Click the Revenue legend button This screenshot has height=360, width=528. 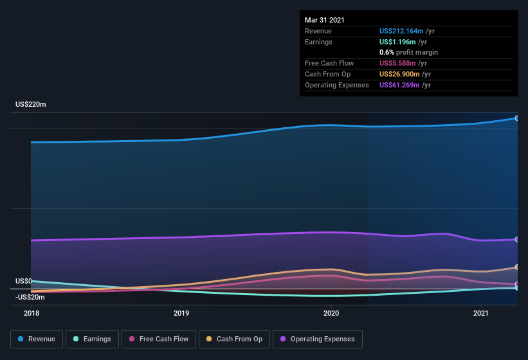tap(37, 339)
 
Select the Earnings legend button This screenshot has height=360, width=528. tap(92, 339)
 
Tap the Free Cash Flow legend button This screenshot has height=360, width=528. tap(159, 339)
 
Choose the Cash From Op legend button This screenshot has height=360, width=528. tap(234, 339)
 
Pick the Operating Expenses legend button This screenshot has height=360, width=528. tap(317, 339)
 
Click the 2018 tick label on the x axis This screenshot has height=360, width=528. tap(32, 313)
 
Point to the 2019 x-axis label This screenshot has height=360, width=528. tap(181, 313)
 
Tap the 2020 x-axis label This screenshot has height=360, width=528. tap(331, 313)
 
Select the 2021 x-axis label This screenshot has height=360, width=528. tap(480, 313)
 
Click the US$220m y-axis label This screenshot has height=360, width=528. tap(31, 104)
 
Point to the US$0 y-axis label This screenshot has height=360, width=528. tap(24, 282)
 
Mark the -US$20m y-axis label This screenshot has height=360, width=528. tap(30, 297)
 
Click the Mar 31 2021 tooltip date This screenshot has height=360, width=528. tap(325, 20)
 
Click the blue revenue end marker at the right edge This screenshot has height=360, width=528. tap(516, 118)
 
